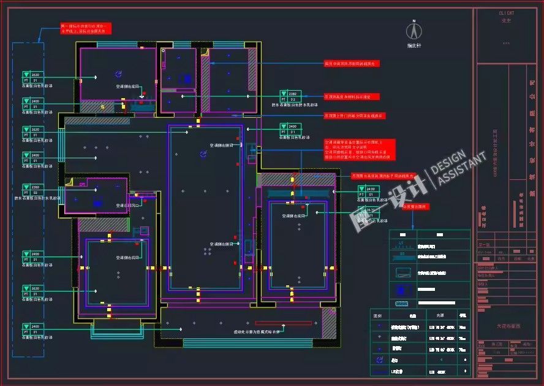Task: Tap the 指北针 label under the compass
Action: point(414,45)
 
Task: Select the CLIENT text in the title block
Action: point(506,12)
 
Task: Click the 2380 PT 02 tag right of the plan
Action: point(292,95)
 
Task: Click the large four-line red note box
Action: point(360,149)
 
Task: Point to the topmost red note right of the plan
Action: point(352,63)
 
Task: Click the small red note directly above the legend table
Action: point(414,207)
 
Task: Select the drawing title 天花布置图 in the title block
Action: point(507,327)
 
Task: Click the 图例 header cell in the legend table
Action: point(378,314)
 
